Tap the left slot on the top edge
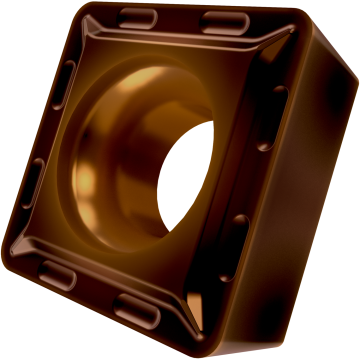(138, 14)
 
